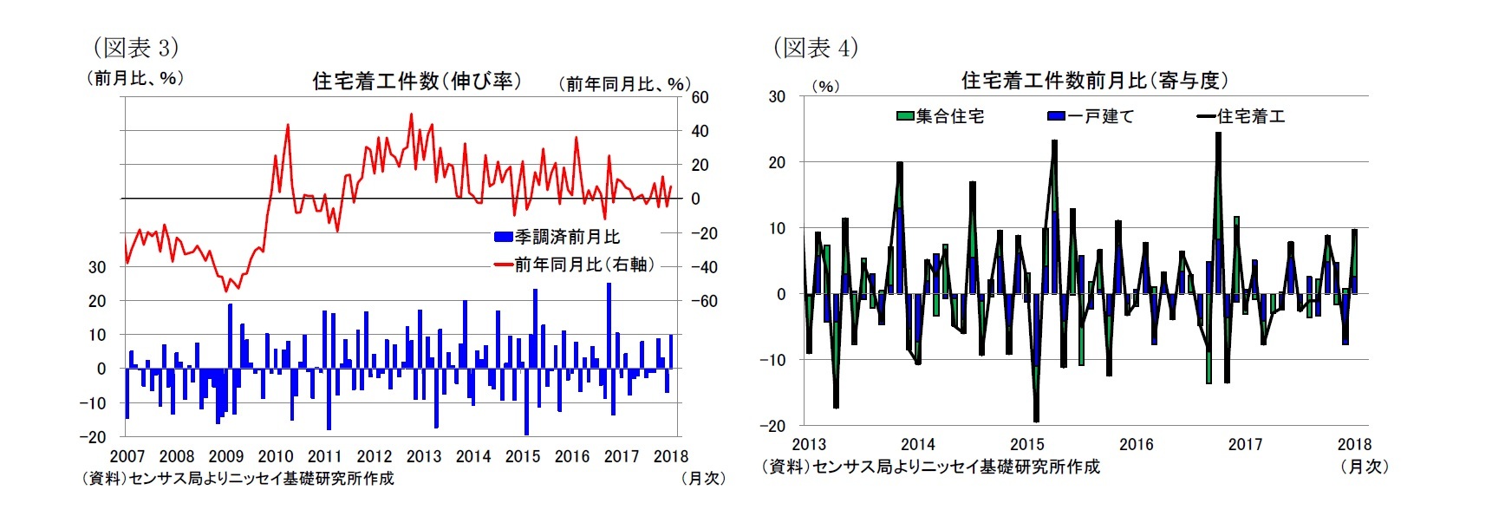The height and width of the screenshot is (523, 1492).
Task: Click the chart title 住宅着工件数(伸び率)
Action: (417, 82)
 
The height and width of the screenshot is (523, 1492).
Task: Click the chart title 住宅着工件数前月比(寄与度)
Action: (1094, 81)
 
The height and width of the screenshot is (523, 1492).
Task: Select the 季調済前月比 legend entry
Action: (557, 237)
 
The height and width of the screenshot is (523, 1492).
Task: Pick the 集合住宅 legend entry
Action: (941, 116)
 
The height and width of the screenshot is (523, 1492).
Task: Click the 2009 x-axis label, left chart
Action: (226, 456)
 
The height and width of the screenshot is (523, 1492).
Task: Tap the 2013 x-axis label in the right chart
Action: (809, 444)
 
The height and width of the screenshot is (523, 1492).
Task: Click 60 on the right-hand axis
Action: (700, 97)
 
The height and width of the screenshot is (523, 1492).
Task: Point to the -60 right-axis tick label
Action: (704, 301)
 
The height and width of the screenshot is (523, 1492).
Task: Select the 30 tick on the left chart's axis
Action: (97, 267)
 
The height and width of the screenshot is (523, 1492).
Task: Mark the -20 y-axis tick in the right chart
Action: (772, 426)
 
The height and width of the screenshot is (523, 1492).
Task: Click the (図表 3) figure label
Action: (135, 47)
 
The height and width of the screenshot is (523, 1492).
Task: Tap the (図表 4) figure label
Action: (815, 47)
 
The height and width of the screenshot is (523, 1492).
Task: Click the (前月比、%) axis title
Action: (134, 78)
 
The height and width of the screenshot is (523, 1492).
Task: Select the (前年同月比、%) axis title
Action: (624, 83)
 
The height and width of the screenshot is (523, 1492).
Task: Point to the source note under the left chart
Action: (238, 478)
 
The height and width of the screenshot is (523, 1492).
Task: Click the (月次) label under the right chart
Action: (1364, 467)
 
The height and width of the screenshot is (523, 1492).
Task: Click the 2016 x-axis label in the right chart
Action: (1136, 444)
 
